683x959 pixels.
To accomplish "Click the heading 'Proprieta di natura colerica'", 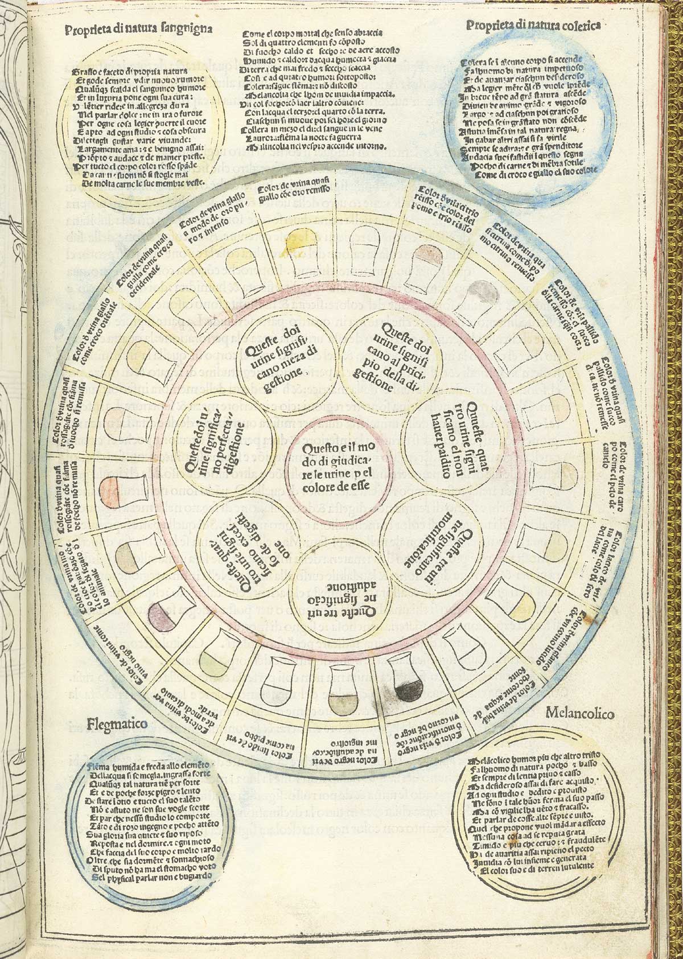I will tap(536, 25).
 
